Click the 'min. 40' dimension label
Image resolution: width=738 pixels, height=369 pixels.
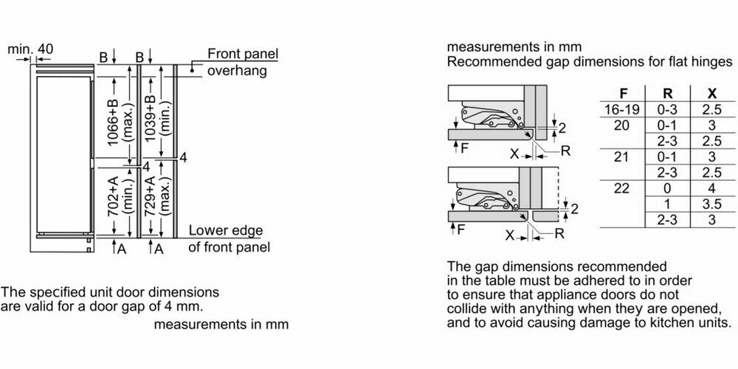[x=30, y=49]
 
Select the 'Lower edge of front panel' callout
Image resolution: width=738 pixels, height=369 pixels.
[x=229, y=238]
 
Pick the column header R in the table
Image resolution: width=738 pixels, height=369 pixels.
[x=667, y=94]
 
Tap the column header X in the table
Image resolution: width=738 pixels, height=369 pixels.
[x=711, y=94]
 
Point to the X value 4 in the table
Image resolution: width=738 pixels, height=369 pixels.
[x=711, y=188]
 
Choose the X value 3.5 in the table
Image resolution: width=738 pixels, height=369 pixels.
[x=711, y=204]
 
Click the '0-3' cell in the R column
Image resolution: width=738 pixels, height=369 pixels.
[x=667, y=109]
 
